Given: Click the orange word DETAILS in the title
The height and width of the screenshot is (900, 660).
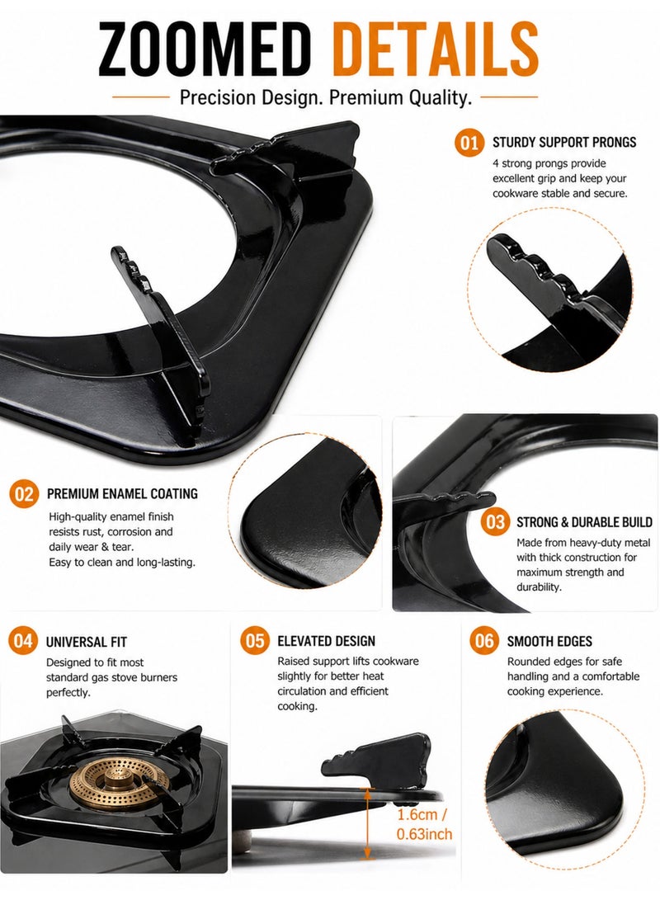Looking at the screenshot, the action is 435,49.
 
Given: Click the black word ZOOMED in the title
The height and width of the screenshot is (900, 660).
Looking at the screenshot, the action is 204,49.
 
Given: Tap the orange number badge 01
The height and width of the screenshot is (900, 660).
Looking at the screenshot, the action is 469,143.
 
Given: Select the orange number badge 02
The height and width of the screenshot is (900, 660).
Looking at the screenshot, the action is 24,493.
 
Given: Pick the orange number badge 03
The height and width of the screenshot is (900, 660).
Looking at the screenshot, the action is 495,521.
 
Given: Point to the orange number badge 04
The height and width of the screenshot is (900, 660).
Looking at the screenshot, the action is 23,641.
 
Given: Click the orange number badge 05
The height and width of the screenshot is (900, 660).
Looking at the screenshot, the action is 255,641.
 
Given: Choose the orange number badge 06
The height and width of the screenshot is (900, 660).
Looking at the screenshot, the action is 484,641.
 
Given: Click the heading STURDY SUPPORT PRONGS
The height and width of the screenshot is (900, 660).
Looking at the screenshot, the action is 564,142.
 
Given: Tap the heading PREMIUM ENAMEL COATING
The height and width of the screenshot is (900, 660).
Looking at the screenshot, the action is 122,493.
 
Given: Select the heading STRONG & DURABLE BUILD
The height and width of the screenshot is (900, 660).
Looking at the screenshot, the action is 584,521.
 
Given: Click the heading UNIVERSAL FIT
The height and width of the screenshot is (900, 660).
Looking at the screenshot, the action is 86,642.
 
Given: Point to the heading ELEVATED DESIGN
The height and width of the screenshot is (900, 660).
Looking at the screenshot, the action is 326,641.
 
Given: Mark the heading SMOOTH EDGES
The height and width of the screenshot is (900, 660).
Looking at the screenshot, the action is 549,641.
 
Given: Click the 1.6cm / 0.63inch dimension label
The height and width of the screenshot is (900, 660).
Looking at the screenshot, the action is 424,823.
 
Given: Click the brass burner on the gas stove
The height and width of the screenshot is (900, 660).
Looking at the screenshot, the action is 120,783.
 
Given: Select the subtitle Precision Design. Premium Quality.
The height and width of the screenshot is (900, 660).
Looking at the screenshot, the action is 325,97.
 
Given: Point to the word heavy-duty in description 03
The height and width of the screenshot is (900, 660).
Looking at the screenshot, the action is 593,543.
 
